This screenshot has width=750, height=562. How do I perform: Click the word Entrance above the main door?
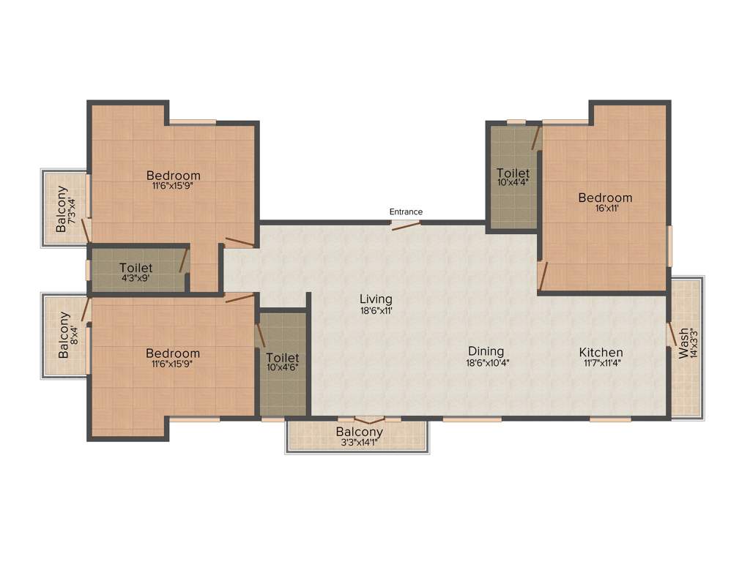405,211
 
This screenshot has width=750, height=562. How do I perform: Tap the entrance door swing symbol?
406,225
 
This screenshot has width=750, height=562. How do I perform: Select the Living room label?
376,299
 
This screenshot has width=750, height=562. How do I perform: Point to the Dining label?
486,351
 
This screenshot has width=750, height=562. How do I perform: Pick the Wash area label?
683,343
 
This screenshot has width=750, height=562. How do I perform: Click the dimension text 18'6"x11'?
376,310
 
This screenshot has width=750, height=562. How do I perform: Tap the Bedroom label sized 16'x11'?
605,198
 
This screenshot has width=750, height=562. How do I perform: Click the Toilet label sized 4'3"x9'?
136,268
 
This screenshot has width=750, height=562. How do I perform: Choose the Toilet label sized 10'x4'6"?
283,357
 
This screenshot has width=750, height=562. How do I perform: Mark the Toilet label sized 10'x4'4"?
513,173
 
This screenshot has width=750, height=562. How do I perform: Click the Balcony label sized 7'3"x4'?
62,209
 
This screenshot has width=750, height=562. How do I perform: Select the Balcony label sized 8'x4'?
64,335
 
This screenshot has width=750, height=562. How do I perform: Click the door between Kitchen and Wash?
670,334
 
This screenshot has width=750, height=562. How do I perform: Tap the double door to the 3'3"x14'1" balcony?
368,420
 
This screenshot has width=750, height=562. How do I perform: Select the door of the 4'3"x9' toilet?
184,261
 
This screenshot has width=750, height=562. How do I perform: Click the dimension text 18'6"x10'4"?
486,363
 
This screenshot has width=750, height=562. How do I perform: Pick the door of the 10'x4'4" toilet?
536,137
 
